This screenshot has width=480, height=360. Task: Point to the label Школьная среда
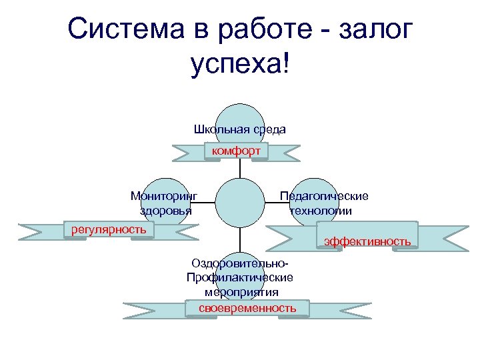(x=240, y=129)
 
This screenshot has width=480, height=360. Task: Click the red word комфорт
(x=236, y=151)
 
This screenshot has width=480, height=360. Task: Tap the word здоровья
(x=165, y=211)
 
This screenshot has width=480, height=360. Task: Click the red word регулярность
(x=109, y=229)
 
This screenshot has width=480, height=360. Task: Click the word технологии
(x=321, y=211)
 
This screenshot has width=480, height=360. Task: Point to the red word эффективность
(x=367, y=241)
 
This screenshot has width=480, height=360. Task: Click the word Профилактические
(x=240, y=277)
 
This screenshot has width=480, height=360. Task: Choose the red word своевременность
(x=247, y=308)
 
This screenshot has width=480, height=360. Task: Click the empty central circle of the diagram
(x=240, y=203)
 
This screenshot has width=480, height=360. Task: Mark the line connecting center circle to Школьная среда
(x=240, y=170)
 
